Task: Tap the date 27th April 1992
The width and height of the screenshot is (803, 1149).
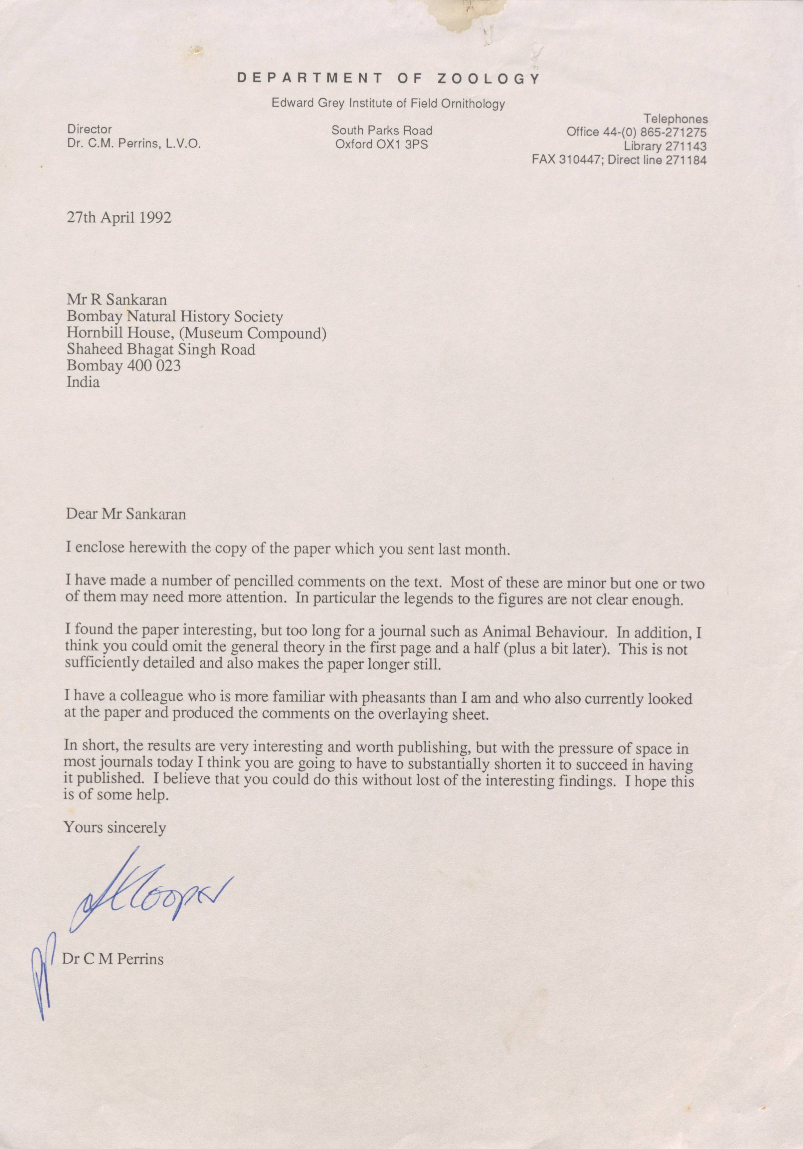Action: [119, 219]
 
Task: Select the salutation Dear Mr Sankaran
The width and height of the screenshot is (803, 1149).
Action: [126, 515]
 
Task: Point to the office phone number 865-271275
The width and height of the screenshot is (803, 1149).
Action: [671, 132]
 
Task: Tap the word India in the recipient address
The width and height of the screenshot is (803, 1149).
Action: [83, 382]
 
